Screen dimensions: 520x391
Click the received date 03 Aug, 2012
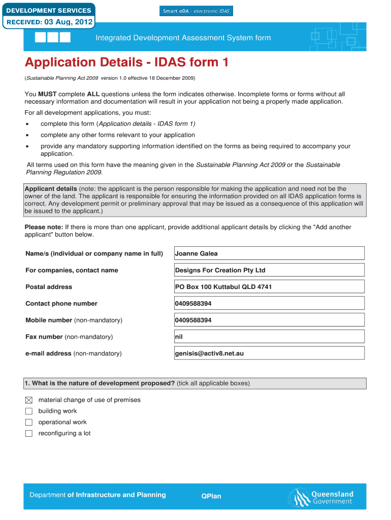(x=48, y=22)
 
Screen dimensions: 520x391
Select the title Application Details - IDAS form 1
(x=126, y=62)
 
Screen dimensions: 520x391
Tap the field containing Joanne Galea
(x=269, y=253)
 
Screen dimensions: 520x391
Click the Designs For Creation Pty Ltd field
(x=269, y=270)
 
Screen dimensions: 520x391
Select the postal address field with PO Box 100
(x=269, y=287)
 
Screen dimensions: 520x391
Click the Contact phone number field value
(x=269, y=304)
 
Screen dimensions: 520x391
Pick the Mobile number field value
(x=269, y=320)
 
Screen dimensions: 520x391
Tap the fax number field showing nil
(x=269, y=337)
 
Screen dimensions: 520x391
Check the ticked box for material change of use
(x=29, y=400)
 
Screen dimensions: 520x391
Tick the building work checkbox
(x=29, y=411)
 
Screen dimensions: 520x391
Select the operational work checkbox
(x=29, y=422)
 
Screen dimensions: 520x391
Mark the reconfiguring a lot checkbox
(x=29, y=434)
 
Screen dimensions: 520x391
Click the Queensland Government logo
(x=321, y=497)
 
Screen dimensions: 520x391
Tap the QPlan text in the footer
(x=211, y=496)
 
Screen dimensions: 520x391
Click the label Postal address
(x=49, y=287)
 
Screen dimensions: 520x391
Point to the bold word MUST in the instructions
(x=47, y=94)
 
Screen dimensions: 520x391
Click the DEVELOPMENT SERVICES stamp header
(x=48, y=10)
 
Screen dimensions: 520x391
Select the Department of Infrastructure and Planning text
(x=97, y=495)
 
